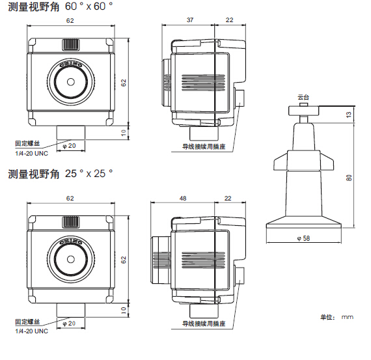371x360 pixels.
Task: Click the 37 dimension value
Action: point(190,20)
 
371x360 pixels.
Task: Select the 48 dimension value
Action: point(183,198)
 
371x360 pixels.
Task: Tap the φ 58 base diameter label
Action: point(303,238)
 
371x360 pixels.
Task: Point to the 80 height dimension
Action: point(349,178)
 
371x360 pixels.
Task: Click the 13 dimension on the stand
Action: point(349,115)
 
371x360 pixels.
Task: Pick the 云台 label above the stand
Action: point(303,97)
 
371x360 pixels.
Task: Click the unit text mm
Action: point(348,317)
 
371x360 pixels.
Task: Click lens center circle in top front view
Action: point(71,82)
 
